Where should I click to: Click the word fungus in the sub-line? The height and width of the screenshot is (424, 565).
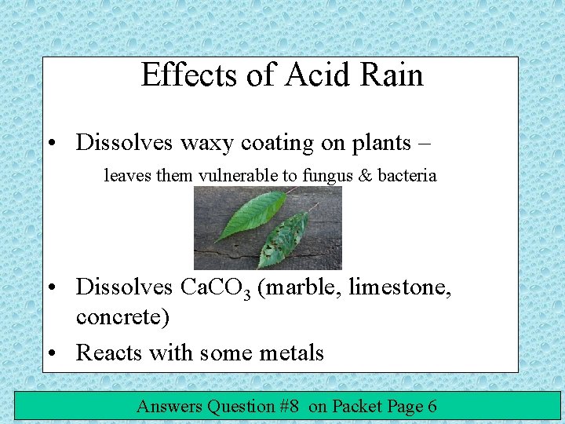pos(323,176)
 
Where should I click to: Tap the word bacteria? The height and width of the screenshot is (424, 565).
pos(406,176)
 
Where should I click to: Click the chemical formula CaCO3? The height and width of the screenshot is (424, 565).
pos(215,289)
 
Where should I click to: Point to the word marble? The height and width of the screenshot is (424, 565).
pos(302,289)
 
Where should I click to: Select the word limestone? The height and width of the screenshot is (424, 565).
pos(399,289)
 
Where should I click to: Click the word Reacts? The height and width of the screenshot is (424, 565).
pos(110,353)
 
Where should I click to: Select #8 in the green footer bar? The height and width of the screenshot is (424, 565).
pos(290,406)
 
